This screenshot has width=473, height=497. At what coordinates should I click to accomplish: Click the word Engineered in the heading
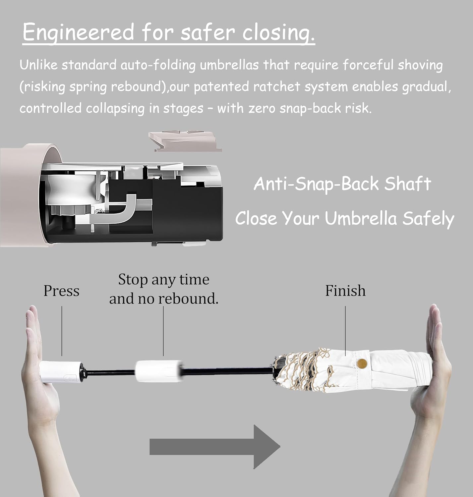point(78,32)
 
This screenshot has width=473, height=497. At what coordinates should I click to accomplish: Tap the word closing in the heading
point(278,32)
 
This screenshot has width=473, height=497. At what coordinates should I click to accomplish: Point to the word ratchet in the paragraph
point(277,87)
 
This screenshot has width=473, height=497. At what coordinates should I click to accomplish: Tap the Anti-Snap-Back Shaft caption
point(342,184)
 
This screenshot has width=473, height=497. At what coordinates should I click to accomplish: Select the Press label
point(61,291)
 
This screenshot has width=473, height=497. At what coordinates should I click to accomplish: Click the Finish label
point(345,291)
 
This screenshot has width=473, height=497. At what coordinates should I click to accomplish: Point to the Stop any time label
point(164,280)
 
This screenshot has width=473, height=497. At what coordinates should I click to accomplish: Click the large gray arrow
point(215,447)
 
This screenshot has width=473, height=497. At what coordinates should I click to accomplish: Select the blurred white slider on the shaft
point(159,371)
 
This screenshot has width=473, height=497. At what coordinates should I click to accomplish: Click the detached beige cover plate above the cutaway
point(185,141)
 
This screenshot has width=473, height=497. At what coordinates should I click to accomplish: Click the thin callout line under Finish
point(345,331)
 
